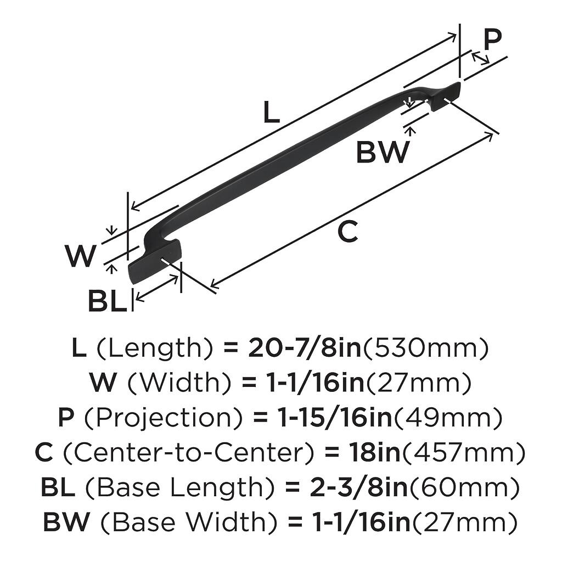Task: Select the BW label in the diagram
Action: click(383, 153)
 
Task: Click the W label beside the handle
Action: click(81, 256)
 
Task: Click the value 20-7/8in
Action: click(305, 348)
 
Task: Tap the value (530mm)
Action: click(425, 348)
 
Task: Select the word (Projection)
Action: click(162, 419)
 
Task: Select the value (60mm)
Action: click(464, 487)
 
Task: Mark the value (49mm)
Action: click(448, 419)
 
